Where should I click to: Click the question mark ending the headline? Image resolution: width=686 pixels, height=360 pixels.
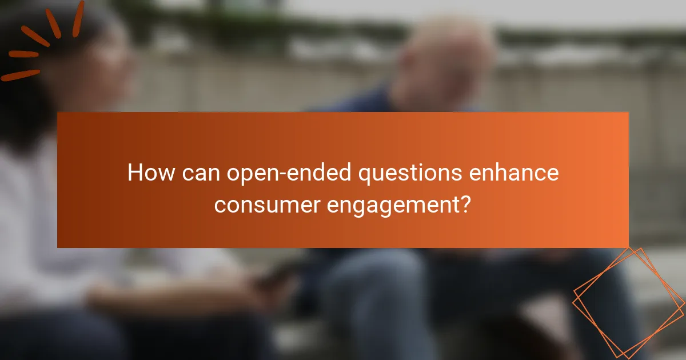466,204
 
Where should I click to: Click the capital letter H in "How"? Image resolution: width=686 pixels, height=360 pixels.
135,173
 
